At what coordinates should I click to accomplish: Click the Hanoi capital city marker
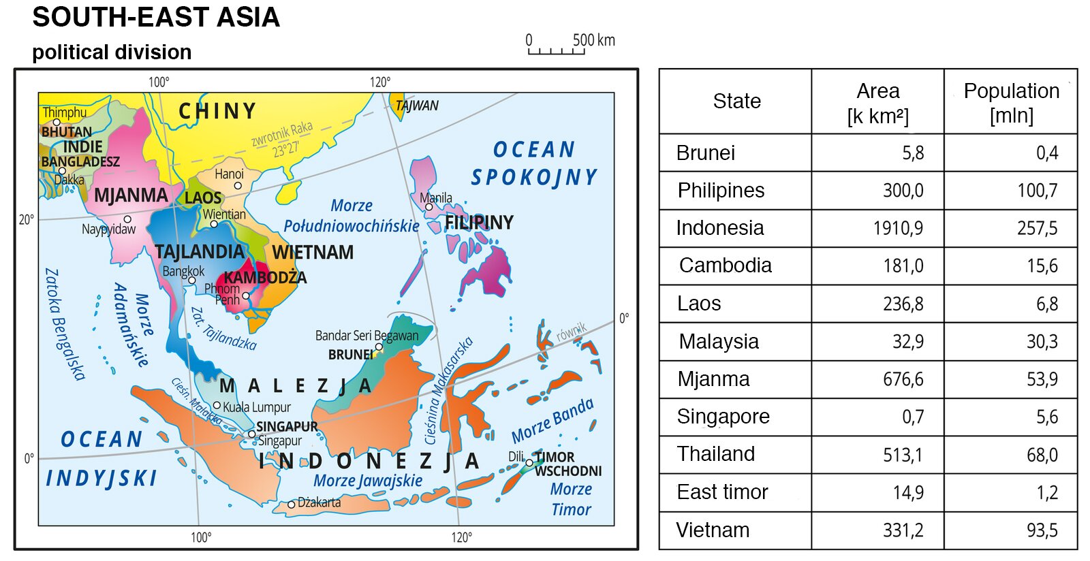point(238,185)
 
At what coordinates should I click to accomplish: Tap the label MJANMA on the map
point(131,195)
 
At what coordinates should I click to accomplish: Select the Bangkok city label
point(183,271)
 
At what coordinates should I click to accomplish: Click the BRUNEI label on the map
point(350,355)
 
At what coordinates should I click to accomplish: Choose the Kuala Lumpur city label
point(256,407)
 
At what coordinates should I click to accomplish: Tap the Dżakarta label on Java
point(319,502)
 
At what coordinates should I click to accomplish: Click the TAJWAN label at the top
point(417,106)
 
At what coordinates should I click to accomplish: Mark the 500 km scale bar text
point(593,40)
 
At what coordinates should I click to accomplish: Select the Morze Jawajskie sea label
point(368,481)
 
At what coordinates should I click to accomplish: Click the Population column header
point(1011,101)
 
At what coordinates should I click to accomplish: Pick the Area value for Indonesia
point(898,228)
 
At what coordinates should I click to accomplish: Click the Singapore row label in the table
point(723,416)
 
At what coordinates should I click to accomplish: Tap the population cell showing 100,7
point(1037,191)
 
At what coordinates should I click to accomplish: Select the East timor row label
point(722,492)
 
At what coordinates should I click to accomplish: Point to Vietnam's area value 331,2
point(903,530)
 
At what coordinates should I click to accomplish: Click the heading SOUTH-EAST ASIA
point(156,17)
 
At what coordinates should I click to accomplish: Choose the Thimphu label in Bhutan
point(65,112)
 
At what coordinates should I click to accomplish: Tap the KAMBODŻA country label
point(265,278)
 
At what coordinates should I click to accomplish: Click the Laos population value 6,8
point(1046,304)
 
